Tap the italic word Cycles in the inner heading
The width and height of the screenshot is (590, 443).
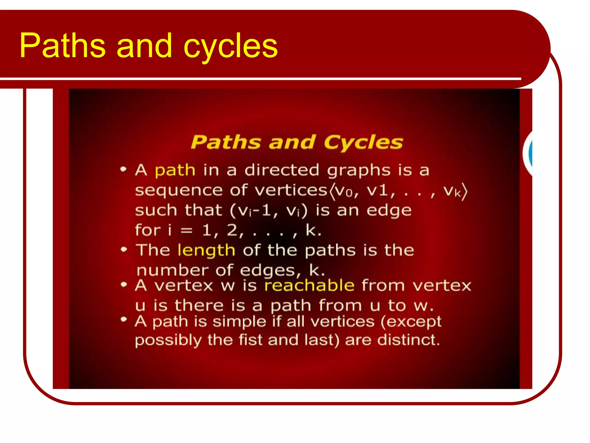coord(363,142)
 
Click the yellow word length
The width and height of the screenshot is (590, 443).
coord(206,250)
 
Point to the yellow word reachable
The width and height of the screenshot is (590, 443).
coord(309,286)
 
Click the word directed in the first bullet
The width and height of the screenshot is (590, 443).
coord(282,170)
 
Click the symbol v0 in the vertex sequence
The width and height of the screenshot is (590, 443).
coord(344,191)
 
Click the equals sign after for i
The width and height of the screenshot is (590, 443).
coord(186,231)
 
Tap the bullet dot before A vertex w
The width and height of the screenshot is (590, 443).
coord(124,285)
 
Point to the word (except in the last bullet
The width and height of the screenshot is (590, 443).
coord(411,322)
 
